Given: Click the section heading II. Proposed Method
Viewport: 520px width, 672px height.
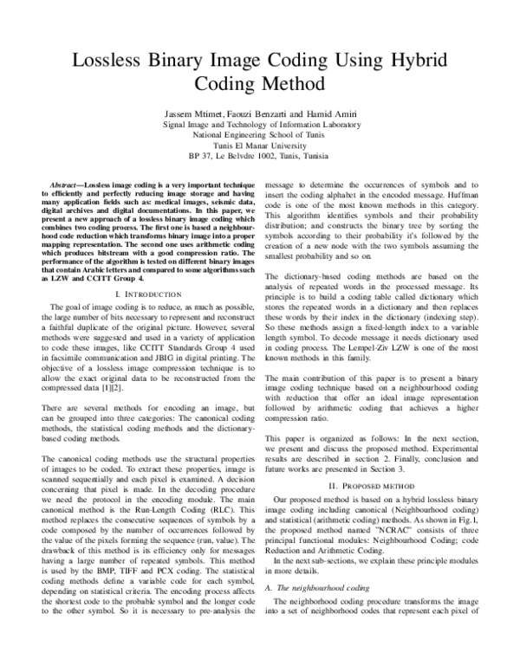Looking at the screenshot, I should pyautogui.click(x=373, y=488).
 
